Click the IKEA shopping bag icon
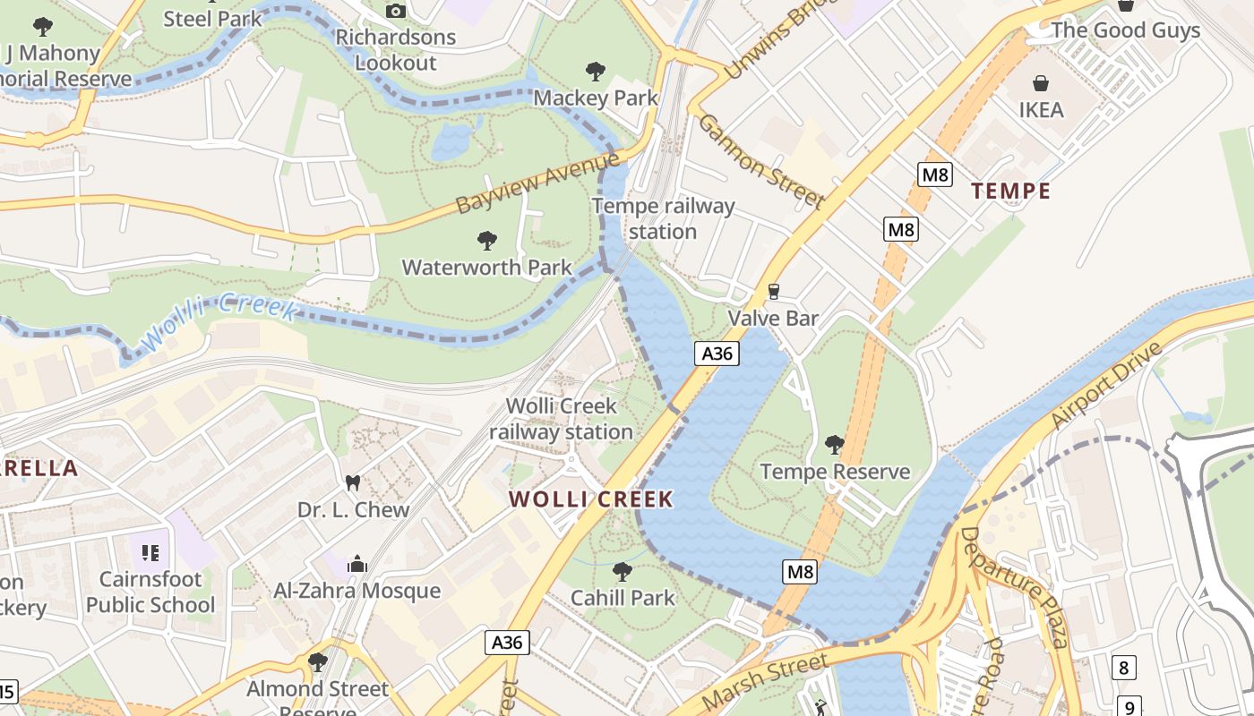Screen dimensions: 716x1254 pos(1041,83)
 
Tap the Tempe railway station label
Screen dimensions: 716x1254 pos(663,219)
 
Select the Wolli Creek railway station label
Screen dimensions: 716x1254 pos(561,419)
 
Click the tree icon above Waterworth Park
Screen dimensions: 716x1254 pos(486,240)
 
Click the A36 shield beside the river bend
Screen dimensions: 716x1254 pos(717,354)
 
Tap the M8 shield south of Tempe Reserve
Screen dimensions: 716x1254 pos(800,572)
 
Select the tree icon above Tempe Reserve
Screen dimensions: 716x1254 pos(834,444)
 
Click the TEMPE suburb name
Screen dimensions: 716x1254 pos(1010,191)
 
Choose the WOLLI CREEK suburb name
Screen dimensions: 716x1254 pos(591,499)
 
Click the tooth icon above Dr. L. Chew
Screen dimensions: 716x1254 pos(353,482)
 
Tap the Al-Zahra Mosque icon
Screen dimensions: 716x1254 pos(356,564)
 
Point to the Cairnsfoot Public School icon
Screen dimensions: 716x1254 pos(150,551)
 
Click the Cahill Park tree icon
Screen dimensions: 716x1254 pos(622,570)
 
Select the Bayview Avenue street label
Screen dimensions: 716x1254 pos(537,183)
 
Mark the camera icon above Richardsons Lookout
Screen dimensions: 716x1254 pos(395,11)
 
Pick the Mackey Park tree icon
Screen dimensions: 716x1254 pos(595,71)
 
